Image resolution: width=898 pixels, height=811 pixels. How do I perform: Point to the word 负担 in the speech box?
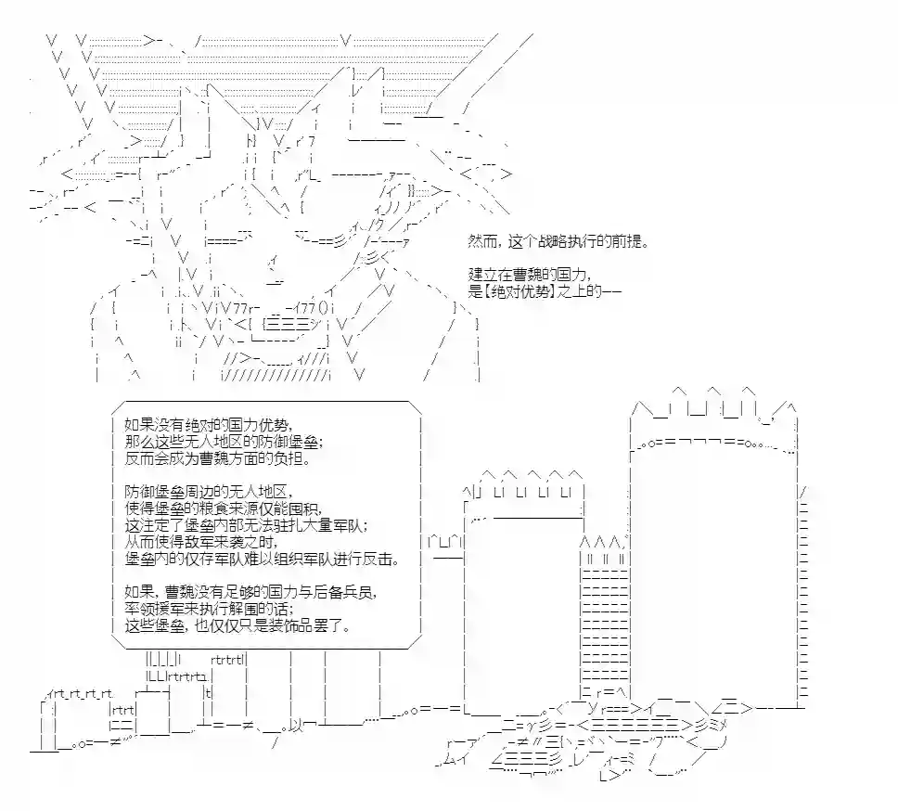point(292,458)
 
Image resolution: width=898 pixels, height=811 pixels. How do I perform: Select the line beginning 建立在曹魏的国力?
point(528,275)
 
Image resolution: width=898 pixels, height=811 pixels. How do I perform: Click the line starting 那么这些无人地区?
point(224,443)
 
